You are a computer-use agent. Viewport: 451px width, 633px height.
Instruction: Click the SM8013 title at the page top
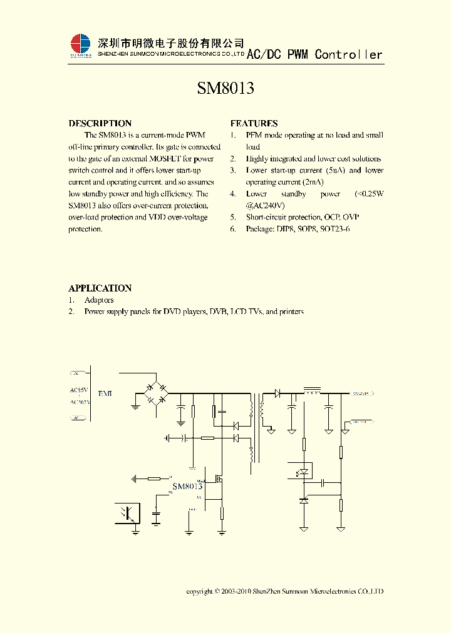click(x=225, y=89)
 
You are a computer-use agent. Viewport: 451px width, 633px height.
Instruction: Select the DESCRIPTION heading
click(x=100, y=123)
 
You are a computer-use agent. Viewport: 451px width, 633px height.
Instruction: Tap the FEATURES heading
click(x=254, y=123)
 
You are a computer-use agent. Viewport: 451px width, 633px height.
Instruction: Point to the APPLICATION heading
click(x=100, y=288)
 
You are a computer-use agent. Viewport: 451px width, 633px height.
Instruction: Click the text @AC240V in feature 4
click(x=266, y=206)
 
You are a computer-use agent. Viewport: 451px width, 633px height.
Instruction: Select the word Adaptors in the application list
click(x=99, y=300)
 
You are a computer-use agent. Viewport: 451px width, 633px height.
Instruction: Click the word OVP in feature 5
click(x=351, y=218)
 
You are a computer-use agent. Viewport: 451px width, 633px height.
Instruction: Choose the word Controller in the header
click(x=348, y=54)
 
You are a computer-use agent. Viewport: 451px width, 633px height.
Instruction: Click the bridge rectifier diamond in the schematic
click(x=155, y=394)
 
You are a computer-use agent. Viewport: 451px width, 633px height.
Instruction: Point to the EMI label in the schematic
click(x=105, y=393)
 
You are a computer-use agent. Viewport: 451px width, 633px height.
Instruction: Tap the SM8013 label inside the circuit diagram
click(x=187, y=486)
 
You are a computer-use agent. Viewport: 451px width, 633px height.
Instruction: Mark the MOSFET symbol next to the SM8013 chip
click(x=220, y=480)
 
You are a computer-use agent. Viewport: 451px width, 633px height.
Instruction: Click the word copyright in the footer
click(x=199, y=591)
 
